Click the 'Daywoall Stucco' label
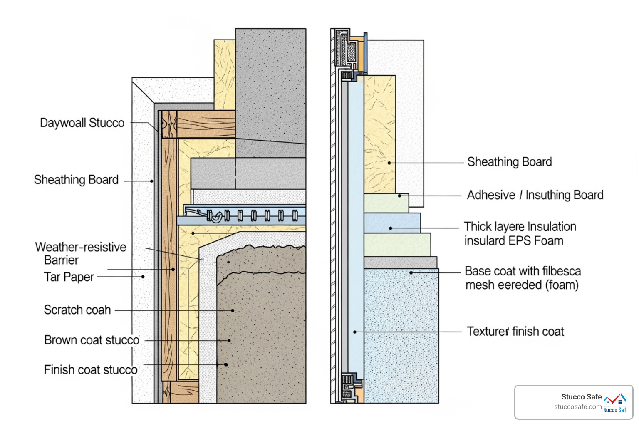[82, 123]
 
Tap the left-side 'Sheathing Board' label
[76, 180]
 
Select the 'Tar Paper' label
[69, 277]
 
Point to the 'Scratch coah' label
[77, 310]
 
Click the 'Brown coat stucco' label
[92, 340]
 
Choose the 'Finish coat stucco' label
[91, 370]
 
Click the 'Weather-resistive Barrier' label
[80, 253]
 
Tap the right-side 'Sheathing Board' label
[510, 162]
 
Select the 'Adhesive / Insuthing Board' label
[535, 195]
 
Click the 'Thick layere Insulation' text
[520, 227]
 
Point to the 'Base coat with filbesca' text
[523, 271]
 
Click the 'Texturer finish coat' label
[515, 332]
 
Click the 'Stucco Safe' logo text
[581, 397]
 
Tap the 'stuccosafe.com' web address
[578, 407]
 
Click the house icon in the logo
[616, 400]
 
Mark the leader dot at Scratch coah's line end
[233, 310]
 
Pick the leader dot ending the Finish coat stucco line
[226, 364]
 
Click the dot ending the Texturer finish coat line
[355, 332]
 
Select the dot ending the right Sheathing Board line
[389, 163]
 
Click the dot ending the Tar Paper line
[143, 277]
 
